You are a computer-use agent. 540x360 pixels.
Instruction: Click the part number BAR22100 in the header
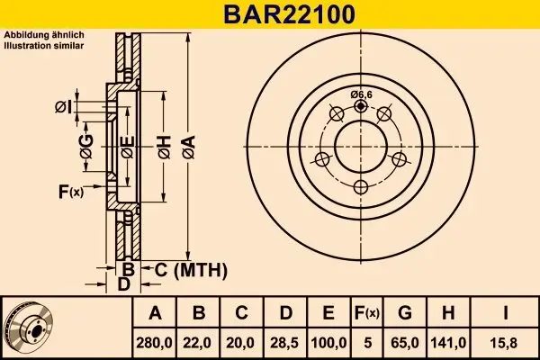(x=270, y=14)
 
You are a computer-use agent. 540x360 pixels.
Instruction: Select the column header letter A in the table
(x=153, y=313)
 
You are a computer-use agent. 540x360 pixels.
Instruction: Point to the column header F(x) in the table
(x=366, y=313)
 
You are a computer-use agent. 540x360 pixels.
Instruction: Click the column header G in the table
(x=405, y=313)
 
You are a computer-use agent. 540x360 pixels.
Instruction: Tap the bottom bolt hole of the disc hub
(x=361, y=187)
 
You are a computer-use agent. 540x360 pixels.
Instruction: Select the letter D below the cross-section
(x=125, y=284)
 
